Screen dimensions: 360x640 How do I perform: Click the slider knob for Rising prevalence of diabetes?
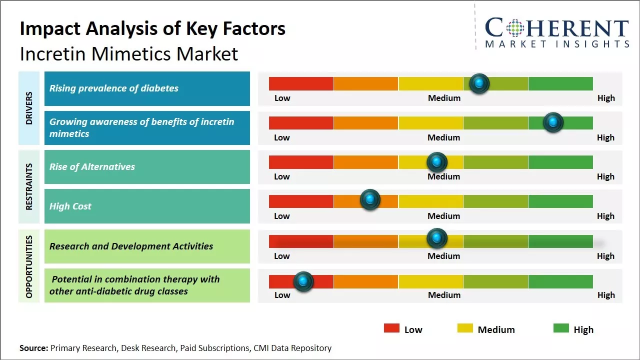479,83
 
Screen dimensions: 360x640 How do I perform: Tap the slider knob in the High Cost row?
370,199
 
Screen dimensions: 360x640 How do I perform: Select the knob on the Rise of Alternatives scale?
437,161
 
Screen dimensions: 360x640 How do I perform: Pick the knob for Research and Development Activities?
437,238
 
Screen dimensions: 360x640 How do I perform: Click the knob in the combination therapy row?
303,281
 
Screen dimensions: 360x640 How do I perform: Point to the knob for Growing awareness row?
553,122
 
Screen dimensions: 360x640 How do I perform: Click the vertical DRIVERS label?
29,108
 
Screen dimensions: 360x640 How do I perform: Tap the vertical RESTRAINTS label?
29,186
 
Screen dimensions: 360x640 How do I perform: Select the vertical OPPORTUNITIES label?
29,266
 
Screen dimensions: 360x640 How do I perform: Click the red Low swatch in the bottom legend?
391,328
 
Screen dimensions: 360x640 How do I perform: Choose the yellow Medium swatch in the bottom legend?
465,328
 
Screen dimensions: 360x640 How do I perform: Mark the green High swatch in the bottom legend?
561,328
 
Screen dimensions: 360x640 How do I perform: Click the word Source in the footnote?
33,348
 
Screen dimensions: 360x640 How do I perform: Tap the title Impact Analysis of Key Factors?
152,28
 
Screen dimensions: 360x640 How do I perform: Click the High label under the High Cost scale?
605,216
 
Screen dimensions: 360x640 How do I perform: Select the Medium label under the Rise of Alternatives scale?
444,176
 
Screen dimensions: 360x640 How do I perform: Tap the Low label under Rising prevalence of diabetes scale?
282,98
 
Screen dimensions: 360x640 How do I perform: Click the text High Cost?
70,206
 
